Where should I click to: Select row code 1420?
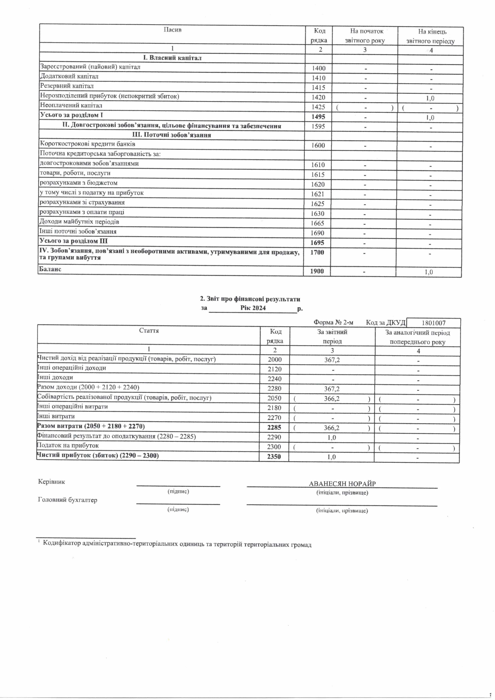pyautogui.click(x=318, y=97)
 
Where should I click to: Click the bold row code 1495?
pyautogui.click(x=318, y=117)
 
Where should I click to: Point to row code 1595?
pyautogui.click(x=318, y=126)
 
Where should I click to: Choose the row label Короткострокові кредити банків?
pyautogui.click(x=87, y=144)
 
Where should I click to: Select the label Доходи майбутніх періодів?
pyautogui.click(x=79, y=222)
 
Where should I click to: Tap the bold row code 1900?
pyautogui.click(x=317, y=271)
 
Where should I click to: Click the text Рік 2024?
pyautogui.click(x=253, y=308)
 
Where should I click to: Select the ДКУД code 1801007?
pyautogui.click(x=434, y=323)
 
